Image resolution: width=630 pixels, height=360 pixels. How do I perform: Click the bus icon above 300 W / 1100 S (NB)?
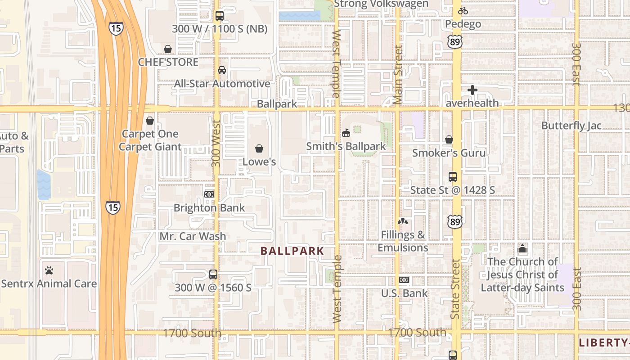(220, 16)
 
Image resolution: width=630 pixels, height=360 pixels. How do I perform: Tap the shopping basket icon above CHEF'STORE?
(168, 49)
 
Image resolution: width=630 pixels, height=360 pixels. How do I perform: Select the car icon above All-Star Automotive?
(222, 70)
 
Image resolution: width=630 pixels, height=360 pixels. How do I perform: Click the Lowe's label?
(259, 162)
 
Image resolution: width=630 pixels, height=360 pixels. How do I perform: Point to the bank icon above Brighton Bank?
(209, 194)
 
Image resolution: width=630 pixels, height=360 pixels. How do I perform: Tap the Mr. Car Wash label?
(193, 236)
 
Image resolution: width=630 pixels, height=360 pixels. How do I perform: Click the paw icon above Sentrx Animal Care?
(49, 270)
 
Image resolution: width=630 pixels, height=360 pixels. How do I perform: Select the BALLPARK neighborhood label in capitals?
(292, 251)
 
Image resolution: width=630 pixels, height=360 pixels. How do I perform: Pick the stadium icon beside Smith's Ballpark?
(346, 133)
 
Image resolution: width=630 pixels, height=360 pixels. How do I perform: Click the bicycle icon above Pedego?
(463, 11)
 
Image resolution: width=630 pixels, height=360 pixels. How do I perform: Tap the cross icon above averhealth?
(472, 90)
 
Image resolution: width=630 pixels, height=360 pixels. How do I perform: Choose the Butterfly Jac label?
(571, 126)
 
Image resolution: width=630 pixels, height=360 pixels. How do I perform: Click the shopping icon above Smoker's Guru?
(449, 139)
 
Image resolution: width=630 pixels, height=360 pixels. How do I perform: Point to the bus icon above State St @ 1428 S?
(453, 177)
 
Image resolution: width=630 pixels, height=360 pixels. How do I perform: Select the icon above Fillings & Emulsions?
(403, 221)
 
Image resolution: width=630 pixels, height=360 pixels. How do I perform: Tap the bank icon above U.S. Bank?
(404, 280)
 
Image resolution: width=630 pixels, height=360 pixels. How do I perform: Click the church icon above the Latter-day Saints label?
(522, 248)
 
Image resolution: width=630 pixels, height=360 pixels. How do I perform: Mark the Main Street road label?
(398, 75)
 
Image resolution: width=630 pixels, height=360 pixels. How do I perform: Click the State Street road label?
(455, 289)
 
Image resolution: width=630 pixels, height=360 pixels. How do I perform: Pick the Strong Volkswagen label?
(381, 4)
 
